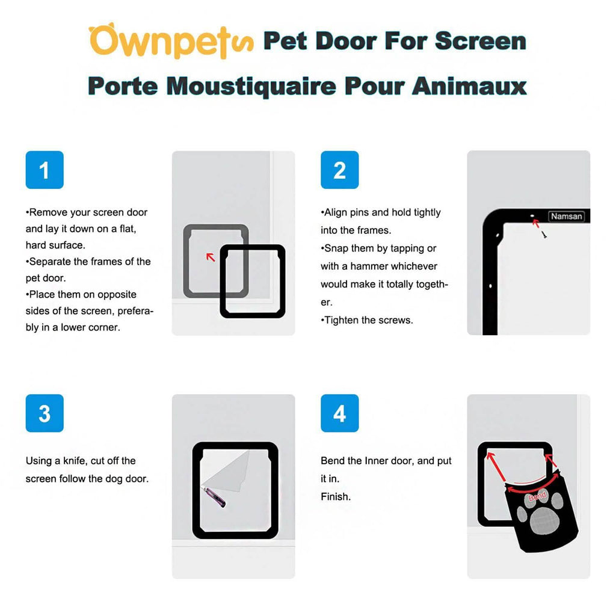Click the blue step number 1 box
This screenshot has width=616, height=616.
[x=45, y=170]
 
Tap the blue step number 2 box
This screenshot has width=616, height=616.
[x=339, y=170]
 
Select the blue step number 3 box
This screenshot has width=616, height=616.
[x=45, y=413]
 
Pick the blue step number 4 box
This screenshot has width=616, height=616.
[x=339, y=413]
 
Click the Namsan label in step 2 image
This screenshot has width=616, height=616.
[x=566, y=216]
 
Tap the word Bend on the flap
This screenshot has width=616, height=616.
[x=537, y=497]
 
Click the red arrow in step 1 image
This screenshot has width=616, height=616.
[x=211, y=257]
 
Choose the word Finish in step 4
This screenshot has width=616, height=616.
[x=335, y=497]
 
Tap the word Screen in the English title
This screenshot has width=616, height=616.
[x=480, y=41]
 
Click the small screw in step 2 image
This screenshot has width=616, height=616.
[x=544, y=235]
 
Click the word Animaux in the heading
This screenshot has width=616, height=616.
[x=469, y=85]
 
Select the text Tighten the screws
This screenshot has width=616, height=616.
[x=367, y=320]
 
